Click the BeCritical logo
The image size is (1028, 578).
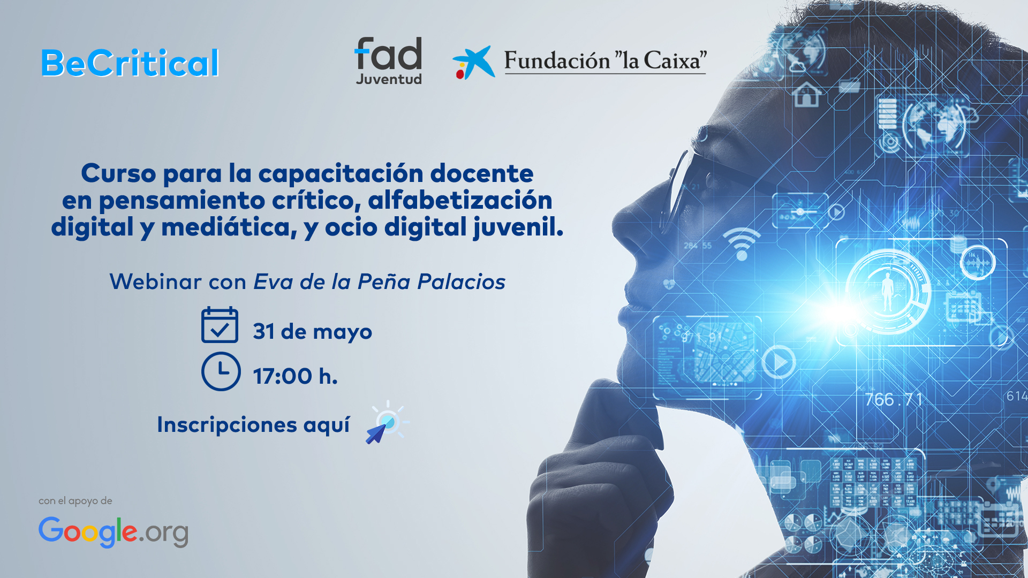(130, 63)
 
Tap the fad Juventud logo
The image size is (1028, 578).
(389, 61)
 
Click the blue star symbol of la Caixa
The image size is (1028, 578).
(474, 63)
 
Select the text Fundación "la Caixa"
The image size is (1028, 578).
(606, 61)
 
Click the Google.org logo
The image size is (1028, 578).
(114, 532)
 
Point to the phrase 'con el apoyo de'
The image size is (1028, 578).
(75, 501)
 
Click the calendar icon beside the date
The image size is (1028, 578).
(220, 325)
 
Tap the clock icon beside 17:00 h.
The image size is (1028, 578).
(221, 371)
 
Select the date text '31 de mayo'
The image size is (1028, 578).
(313, 332)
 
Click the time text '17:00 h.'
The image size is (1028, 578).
(296, 376)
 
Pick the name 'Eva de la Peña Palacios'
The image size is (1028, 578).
(380, 282)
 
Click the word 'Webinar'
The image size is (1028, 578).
(156, 282)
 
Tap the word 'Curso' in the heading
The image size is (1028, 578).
(119, 173)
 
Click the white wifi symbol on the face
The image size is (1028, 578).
(742, 244)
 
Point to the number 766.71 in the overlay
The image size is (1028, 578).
(894, 399)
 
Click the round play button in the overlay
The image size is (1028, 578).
(778, 362)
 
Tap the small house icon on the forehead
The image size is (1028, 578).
(807, 95)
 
